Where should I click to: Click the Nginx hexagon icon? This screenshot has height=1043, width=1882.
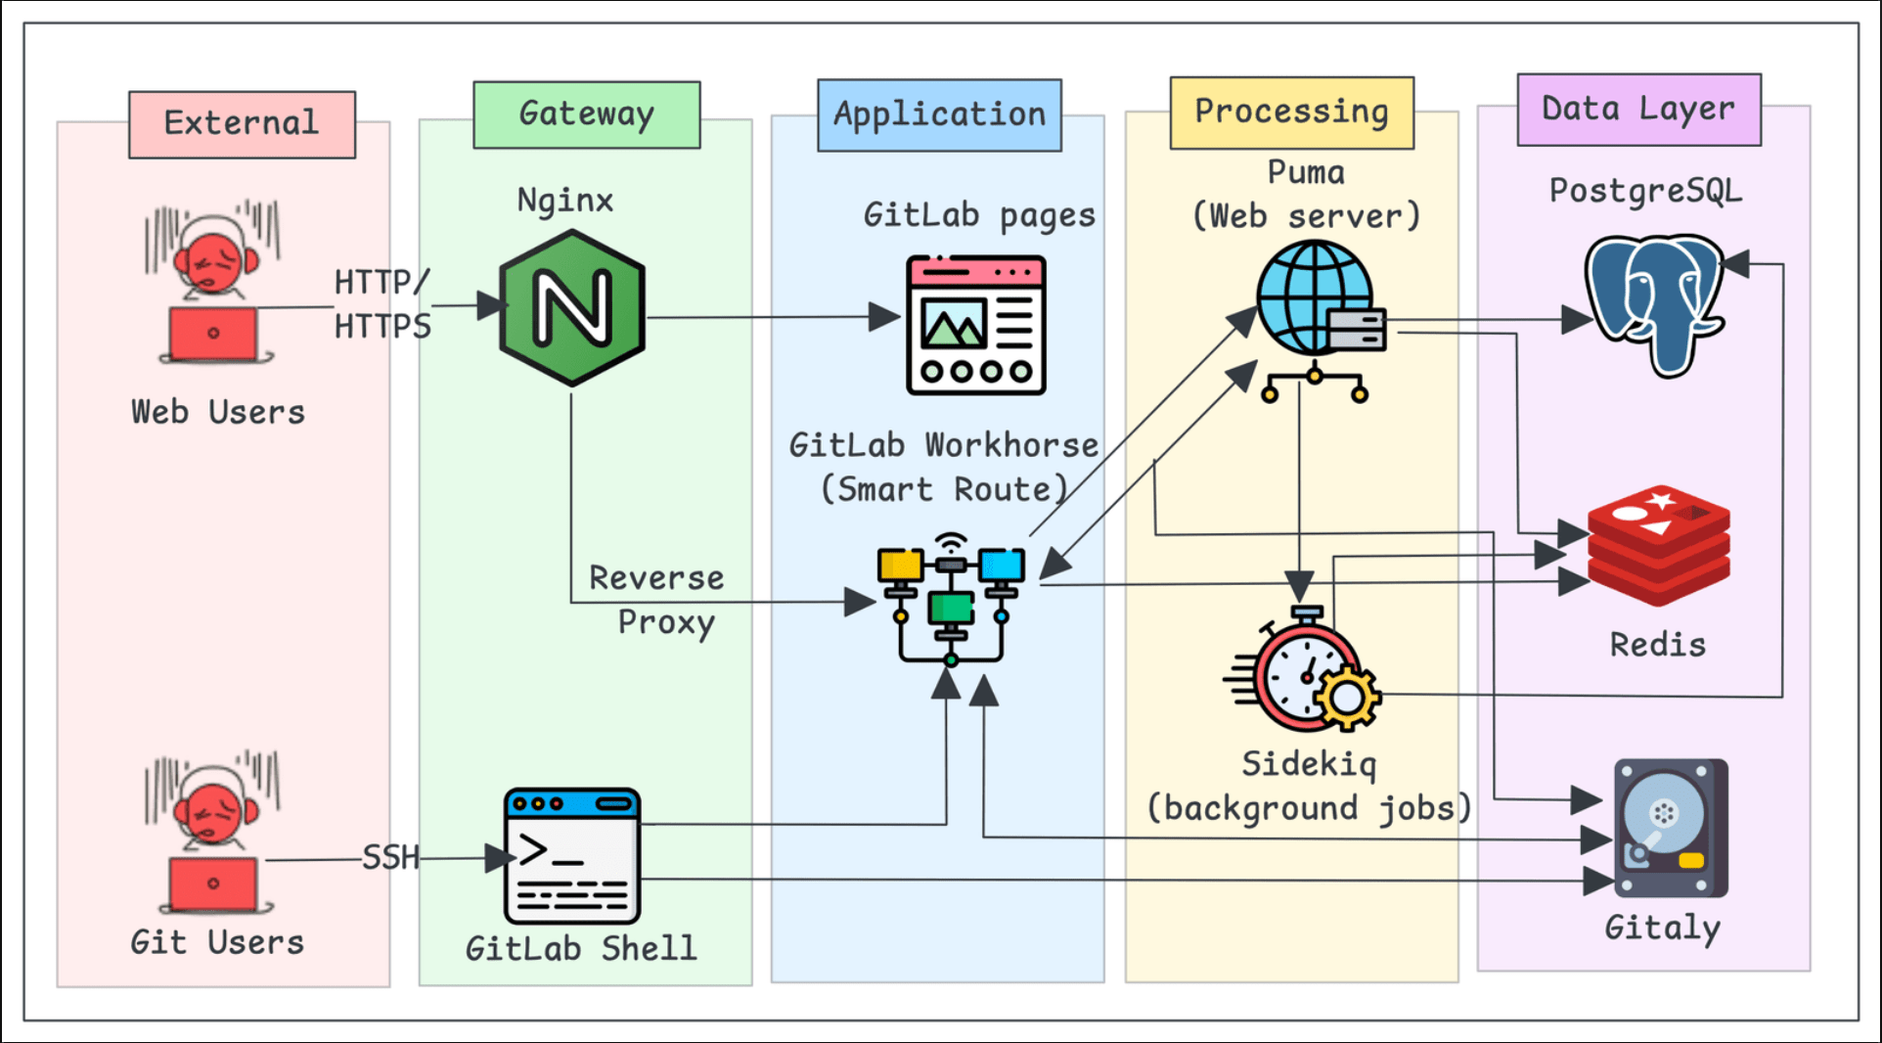coord(572,308)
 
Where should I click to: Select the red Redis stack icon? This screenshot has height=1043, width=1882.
coord(1659,545)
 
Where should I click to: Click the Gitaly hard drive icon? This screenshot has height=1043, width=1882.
coord(1670,828)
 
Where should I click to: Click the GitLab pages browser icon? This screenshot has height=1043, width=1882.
coord(975,325)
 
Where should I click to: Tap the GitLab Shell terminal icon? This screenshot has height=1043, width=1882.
coord(572,856)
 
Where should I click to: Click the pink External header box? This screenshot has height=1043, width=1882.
coord(242,124)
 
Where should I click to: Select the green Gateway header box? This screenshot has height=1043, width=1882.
coord(586,114)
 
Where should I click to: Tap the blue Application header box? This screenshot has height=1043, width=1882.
coord(939,115)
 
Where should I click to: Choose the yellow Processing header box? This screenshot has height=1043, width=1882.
coord(1291,113)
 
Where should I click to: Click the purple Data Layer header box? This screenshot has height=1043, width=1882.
coord(1638,110)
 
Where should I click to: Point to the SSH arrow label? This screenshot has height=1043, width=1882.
coord(390,858)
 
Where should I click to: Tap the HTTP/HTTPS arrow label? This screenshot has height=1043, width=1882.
coord(382,304)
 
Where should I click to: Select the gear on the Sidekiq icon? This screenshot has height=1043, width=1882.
coord(1347,697)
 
